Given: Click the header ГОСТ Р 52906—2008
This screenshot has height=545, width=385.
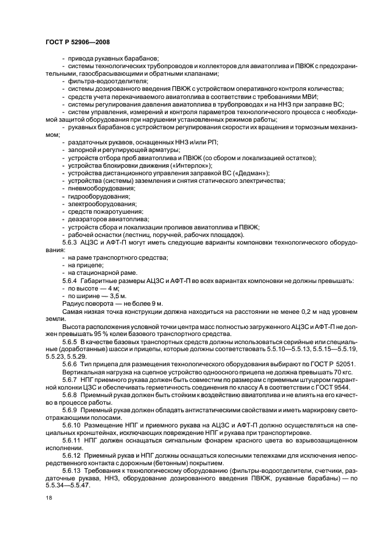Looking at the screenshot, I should (x=77, y=42).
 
